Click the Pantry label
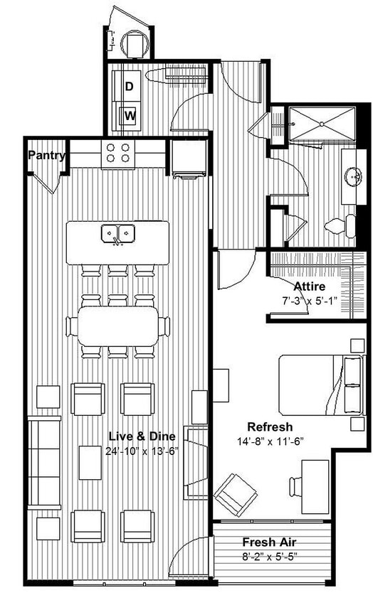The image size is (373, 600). [47, 155]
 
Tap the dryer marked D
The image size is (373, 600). [130, 87]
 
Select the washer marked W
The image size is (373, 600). [130, 114]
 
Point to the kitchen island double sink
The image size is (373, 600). [118, 232]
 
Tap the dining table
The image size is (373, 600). [118, 326]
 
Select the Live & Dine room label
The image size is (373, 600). [132, 436]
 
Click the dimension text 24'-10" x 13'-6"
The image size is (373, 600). [132, 450]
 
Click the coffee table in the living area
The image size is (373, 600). [90, 462]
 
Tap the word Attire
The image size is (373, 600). [310, 286]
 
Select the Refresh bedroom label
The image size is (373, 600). [270, 427]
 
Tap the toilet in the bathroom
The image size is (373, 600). [341, 227]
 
